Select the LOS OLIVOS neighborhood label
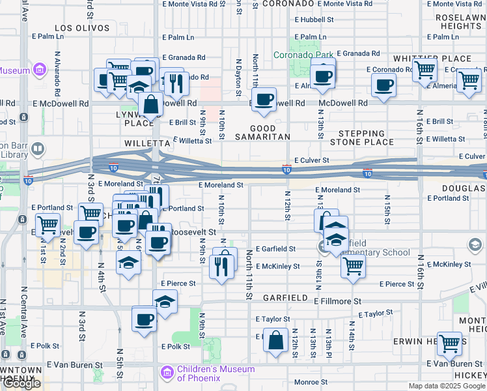point(81,28)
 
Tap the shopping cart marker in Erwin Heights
point(449,343)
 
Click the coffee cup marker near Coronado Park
point(322,77)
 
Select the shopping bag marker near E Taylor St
point(276,339)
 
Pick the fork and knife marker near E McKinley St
point(222,267)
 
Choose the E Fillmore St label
point(337,301)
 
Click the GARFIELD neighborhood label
point(285,297)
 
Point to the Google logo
point(21,383)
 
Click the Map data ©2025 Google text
point(447,386)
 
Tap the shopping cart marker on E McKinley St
point(353,265)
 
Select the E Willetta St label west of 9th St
point(192,140)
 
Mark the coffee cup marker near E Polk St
point(145,320)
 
